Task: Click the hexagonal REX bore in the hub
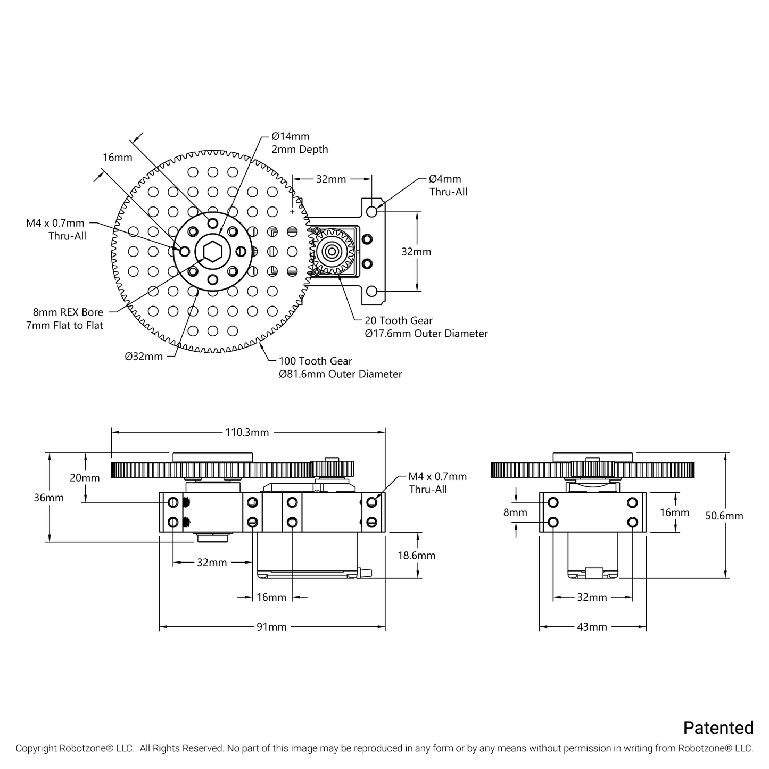click(x=212, y=251)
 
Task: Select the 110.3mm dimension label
click(x=247, y=432)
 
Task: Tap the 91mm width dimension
click(x=271, y=627)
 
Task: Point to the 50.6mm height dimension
click(x=724, y=516)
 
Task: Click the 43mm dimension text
click(x=592, y=627)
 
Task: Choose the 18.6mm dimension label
click(x=416, y=555)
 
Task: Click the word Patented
click(x=718, y=727)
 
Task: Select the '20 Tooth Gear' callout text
click(x=398, y=320)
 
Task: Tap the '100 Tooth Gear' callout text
click(x=315, y=361)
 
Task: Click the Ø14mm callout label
click(x=291, y=136)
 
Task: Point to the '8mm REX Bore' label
click(x=68, y=312)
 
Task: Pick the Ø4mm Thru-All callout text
click(x=448, y=185)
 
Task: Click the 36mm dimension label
click(x=48, y=498)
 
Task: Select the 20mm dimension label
click(x=85, y=478)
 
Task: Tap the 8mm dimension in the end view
click(x=515, y=512)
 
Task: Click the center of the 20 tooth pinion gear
click(x=332, y=251)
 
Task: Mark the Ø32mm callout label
click(x=144, y=357)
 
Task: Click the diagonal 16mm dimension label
click(x=117, y=157)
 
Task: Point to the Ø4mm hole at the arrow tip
click(x=371, y=211)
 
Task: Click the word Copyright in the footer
click(x=36, y=748)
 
